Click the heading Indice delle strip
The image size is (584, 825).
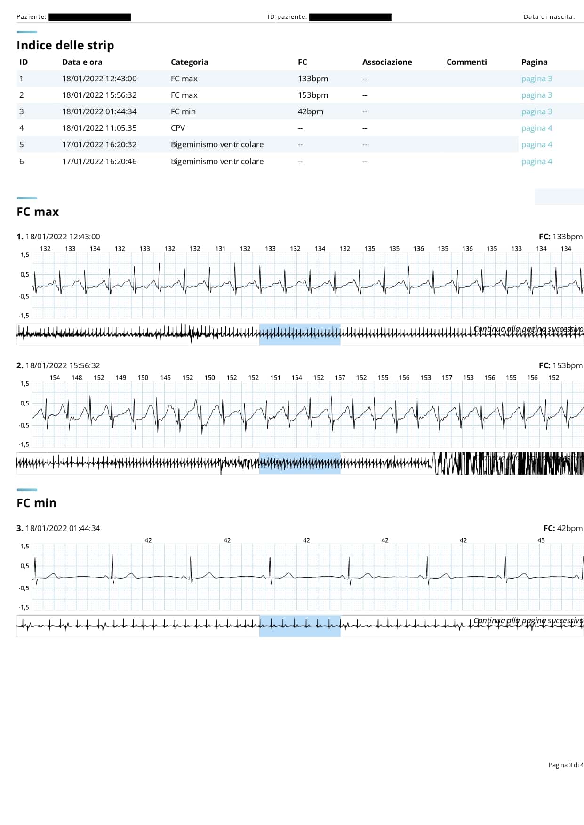(65, 45)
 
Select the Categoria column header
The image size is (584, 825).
(189, 62)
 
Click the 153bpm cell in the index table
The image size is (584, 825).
(312, 95)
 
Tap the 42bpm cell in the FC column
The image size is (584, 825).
(310, 111)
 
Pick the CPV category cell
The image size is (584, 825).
(178, 128)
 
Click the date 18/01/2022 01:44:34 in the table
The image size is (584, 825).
(99, 111)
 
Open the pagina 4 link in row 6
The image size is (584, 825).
(536, 161)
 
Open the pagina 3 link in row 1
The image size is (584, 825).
(536, 79)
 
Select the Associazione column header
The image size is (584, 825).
(387, 62)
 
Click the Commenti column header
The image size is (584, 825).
(466, 62)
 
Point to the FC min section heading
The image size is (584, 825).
(36, 503)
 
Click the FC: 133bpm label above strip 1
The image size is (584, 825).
(560, 237)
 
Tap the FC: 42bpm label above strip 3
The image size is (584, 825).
(563, 528)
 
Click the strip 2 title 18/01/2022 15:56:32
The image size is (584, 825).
(63, 365)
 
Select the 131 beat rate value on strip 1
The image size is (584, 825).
(220, 249)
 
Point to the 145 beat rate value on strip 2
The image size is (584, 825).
(165, 378)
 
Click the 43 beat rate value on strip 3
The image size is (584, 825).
(541, 540)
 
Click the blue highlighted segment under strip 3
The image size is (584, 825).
(300, 626)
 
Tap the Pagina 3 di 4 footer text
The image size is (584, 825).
(566, 765)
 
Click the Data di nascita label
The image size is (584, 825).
(549, 17)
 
